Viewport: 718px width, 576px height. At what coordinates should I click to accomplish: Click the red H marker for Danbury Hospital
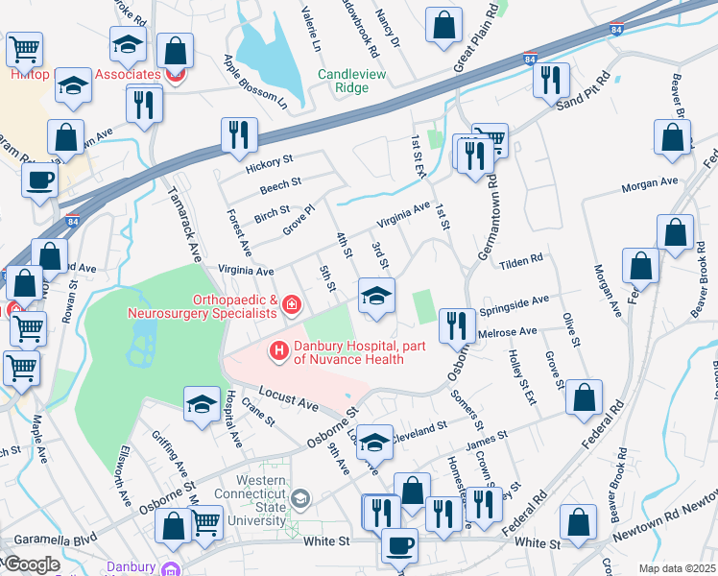pos(279,352)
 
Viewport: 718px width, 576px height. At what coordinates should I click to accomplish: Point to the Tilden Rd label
pos(524,259)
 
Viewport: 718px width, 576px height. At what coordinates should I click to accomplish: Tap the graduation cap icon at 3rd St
pos(376,295)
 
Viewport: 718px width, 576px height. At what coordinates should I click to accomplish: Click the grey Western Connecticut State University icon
pos(301,497)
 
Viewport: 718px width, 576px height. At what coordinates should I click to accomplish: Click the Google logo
pos(32,564)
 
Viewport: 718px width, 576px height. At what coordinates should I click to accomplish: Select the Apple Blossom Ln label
pos(255,82)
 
